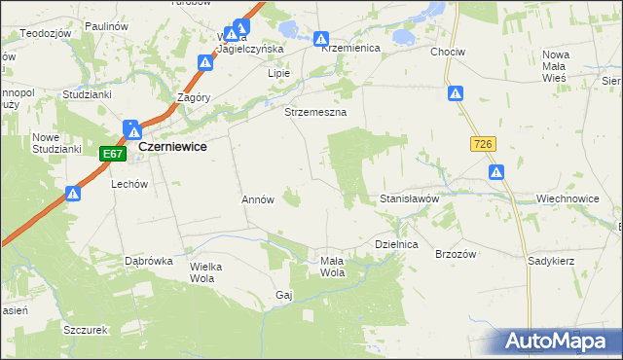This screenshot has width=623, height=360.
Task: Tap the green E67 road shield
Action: click(113, 154)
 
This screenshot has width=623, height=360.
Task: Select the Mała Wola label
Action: click(332, 266)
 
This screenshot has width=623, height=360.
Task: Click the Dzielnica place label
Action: click(396, 245)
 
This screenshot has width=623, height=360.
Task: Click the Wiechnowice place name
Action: click(567, 198)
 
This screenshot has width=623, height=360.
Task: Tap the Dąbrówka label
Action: click(149, 261)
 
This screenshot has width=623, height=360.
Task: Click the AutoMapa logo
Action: click(558, 341)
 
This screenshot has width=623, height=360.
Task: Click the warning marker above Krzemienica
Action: click(321, 40)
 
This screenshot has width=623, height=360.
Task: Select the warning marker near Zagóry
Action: click(205, 63)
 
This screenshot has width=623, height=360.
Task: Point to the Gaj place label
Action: click(284, 294)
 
